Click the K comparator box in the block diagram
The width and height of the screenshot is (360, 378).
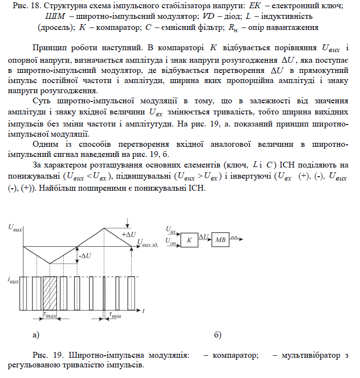coord(189,239)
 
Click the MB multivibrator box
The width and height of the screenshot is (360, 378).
coord(221,239)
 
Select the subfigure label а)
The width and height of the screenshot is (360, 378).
coord(34,334)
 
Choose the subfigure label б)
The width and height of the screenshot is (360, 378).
coord(217,334)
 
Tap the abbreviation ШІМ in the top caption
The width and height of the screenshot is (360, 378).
coord(54,17)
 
